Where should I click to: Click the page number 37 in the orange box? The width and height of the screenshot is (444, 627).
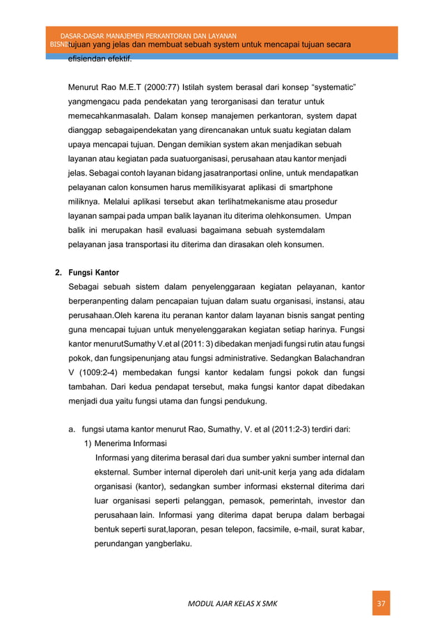(381, 603)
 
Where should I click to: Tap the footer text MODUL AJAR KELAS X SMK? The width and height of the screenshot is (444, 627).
(232, 603)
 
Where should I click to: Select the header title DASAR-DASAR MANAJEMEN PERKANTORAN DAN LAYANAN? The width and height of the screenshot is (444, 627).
(148, 35)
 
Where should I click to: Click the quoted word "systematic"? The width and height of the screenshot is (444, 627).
(329, 89)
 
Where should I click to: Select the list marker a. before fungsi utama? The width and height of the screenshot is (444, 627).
(72, 430)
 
